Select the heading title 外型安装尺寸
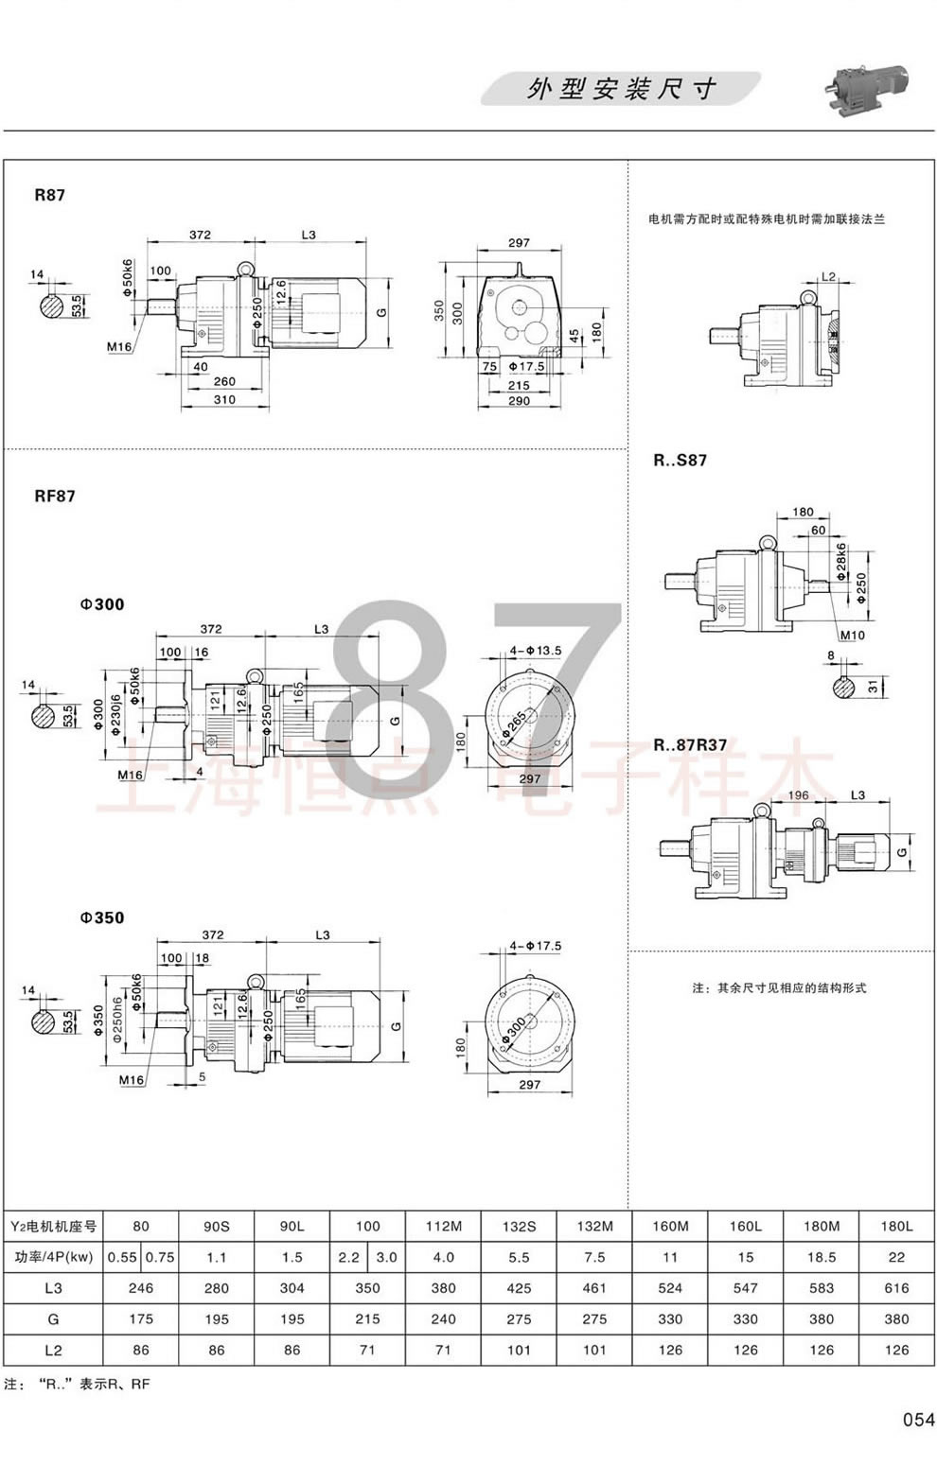click(621, 89)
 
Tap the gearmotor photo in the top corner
click(866, 85)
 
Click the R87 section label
click(50, 196)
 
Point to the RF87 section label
click(55, 496)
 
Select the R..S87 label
click(680, 461)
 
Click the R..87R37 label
click(690, 744)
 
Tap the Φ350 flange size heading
click(102, 917)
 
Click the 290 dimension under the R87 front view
click(519, 401)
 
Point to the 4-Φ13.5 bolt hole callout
click(536, 651)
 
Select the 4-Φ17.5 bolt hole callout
click(536, 945)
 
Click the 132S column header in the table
click(519, 1226)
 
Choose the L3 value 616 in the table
click(896, 1287)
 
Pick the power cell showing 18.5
click(822, 1257)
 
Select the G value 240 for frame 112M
click(443, 1318)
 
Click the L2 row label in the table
click(53, 1350)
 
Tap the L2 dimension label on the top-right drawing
click(828, 276)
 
